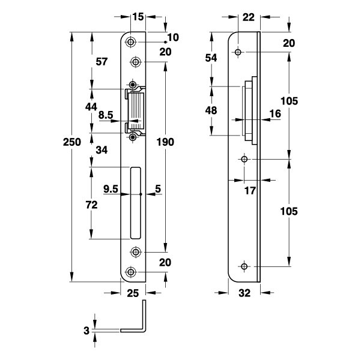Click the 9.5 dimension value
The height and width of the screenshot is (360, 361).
click(111, 189)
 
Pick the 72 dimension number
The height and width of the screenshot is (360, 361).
click(91, 205)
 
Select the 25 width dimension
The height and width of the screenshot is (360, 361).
click(133, 293)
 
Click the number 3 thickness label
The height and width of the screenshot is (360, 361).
click(88, 330)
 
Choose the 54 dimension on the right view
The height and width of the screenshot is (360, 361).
click(211, 57)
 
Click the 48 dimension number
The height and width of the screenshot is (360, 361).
click(211, 110)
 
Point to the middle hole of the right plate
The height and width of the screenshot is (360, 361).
click(244, 160)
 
